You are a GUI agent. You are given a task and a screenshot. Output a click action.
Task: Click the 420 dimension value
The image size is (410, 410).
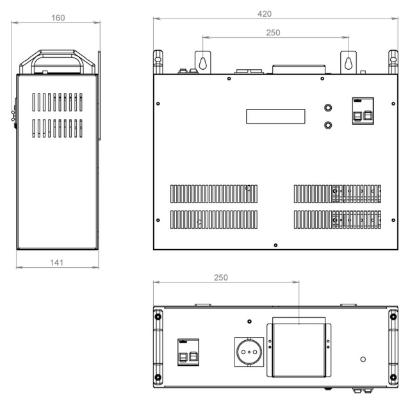point(265,14)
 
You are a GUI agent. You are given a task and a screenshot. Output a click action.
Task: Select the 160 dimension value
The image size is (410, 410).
point(58,18)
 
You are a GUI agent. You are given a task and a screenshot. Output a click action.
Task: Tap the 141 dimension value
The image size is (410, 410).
point(56,263)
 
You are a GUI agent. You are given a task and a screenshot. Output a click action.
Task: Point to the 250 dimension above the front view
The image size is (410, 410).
point(273,33)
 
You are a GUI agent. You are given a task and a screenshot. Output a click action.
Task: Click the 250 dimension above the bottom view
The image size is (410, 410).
point(220,277)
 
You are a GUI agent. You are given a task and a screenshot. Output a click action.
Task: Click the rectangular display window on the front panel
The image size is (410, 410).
point(275,117)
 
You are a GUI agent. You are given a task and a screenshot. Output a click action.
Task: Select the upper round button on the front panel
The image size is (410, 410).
point(328,108)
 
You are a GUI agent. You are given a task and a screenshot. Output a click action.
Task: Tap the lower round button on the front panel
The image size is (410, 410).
point(328,125)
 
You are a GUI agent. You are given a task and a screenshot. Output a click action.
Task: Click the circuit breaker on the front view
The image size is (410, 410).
point(363,111)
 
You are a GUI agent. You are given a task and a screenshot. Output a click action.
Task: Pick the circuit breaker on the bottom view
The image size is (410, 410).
point(188,352)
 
